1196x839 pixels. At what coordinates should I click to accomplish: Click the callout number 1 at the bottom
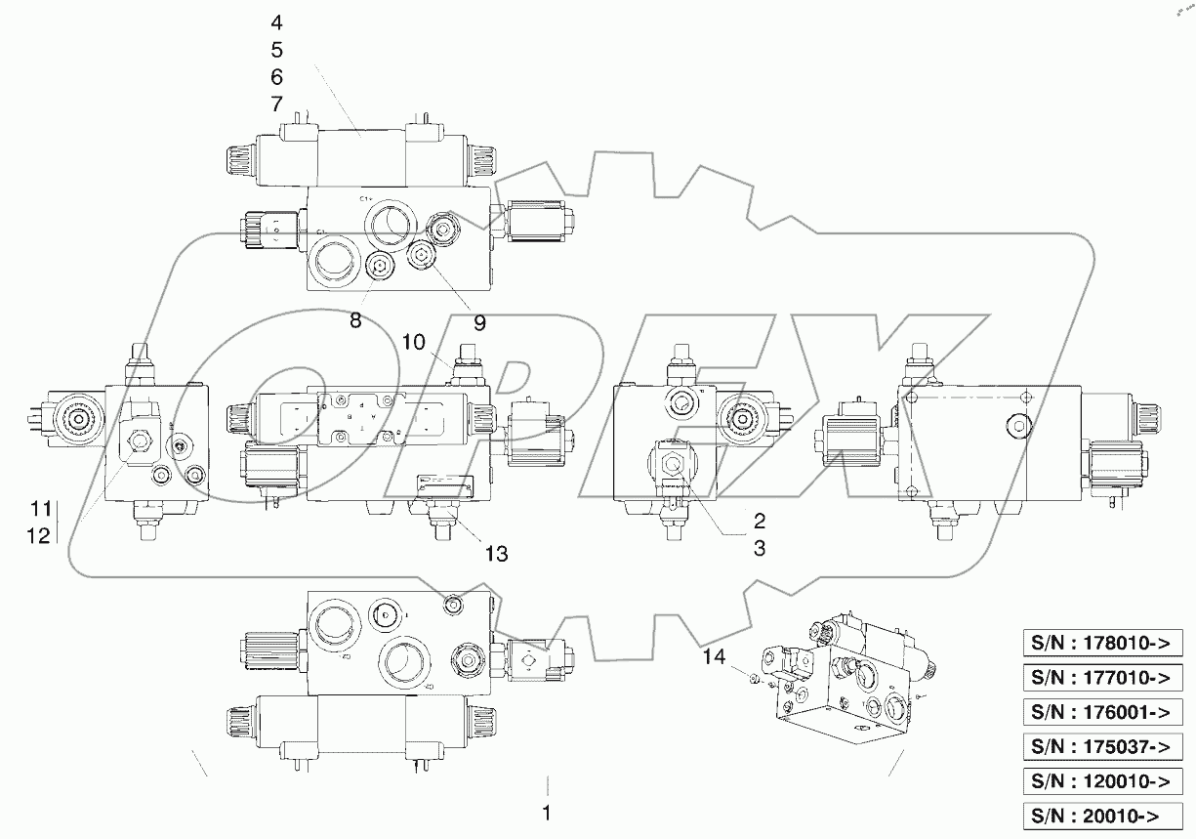tap(548, 813)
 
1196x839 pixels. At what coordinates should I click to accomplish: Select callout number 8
tap(355, 320)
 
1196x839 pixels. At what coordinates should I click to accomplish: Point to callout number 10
tap(413, 341)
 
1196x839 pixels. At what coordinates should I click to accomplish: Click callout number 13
tap(496, 554)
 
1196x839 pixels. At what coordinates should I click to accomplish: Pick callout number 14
tap(714, 659)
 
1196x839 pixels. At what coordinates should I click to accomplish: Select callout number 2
tap(758, 521)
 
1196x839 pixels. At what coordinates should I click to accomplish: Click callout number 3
tap(758, 549)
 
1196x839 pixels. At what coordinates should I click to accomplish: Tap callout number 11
tap(39, 508)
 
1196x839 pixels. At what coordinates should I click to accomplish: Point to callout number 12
tap(39, 534)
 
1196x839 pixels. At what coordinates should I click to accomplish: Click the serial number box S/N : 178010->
tap(1101, 643)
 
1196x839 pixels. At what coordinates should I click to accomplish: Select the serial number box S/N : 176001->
tap(1101, 711)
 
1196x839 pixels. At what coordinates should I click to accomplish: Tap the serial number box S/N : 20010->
tap(1101, 815)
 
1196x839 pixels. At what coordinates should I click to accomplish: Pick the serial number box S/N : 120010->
tap(1101, 780)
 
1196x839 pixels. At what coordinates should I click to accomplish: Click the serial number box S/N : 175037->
tap(1101, 746)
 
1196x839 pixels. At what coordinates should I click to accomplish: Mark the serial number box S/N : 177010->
tap(1101, 677)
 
